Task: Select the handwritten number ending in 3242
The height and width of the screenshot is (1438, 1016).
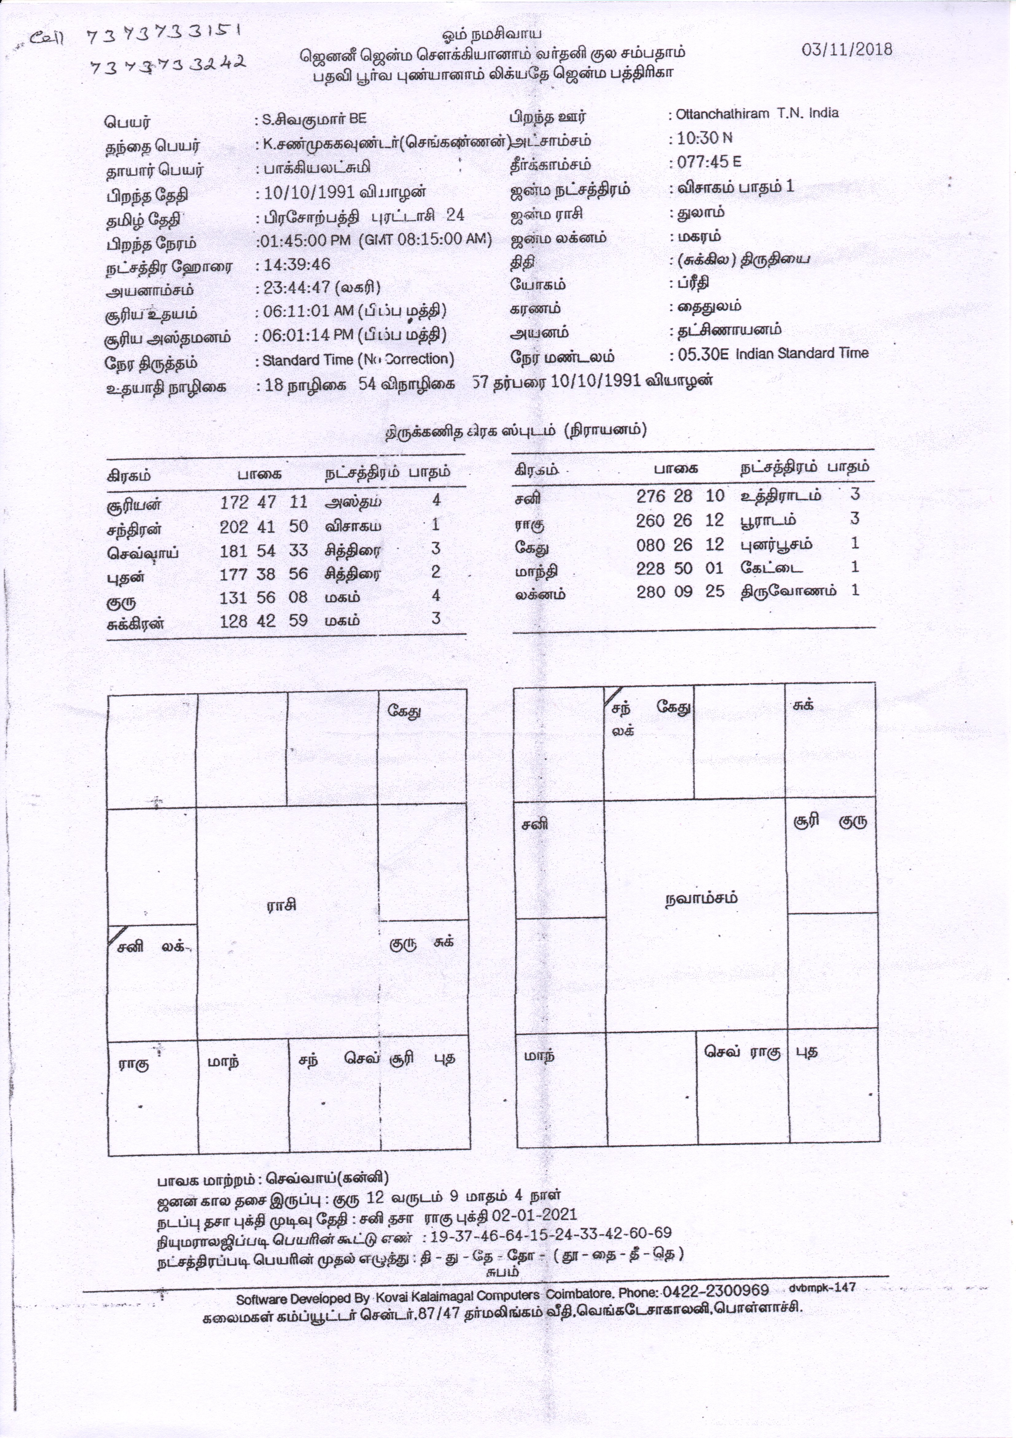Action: (167, 65)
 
